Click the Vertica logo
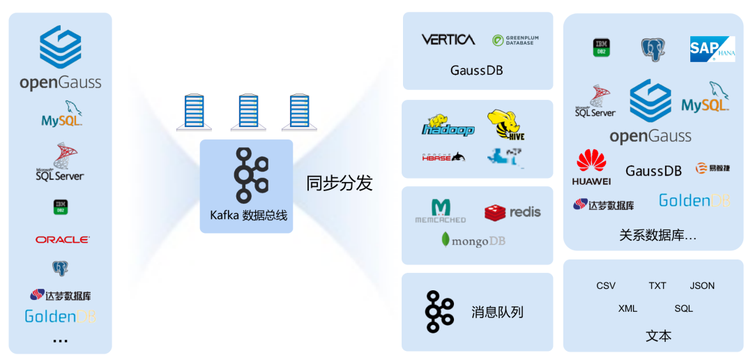click(448, 40)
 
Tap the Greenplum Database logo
click(515, 40)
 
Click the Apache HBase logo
click(443, 157)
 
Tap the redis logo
click(512, 212)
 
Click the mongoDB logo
click(473, 241)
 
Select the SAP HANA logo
click(712, 49)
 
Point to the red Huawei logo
click(591, 167)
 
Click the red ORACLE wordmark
click(63, 239)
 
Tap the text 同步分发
click(340, 183)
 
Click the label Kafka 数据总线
click(248, 216)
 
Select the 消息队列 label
click(497, 312)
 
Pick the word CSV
click(606, 285)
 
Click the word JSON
click(702, 285)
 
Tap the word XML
click(627, 308)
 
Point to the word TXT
click(657, 285)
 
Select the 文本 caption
click(658, 336)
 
